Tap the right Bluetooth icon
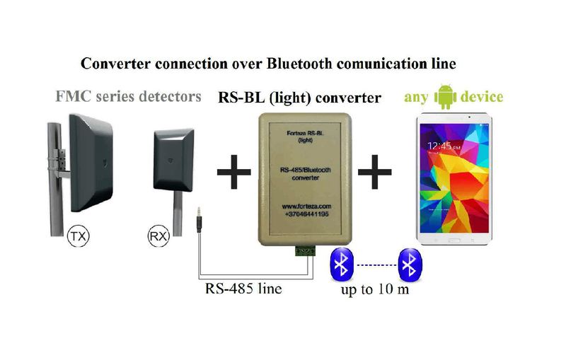pyautogui.click(x=409, y=265)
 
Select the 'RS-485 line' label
pyautogui.click(x=243, y=289)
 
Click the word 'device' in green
pyautogui.click(x=481, y=96)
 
